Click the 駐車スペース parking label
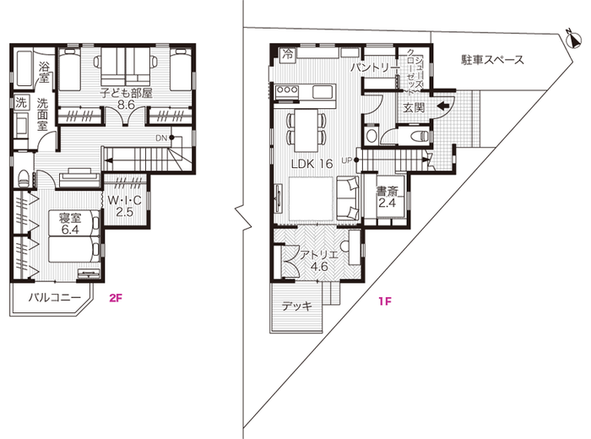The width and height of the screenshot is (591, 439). click(492, 60)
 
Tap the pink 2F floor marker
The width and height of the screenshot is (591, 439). click(116, 297)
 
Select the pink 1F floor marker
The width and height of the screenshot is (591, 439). click(385, 297)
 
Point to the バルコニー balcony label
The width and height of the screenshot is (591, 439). click(55, 298)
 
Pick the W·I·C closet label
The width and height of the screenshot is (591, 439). click(124, 200)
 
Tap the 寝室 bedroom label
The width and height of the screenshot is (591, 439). click(69, 219)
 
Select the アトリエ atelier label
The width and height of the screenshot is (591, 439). click(319, 254)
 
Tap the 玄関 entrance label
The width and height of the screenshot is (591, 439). click(414, 107)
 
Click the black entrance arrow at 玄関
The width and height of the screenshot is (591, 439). click(444, 106)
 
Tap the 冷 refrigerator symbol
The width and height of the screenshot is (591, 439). click(287, 53)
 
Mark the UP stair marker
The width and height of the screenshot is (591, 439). click(347, 160)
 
